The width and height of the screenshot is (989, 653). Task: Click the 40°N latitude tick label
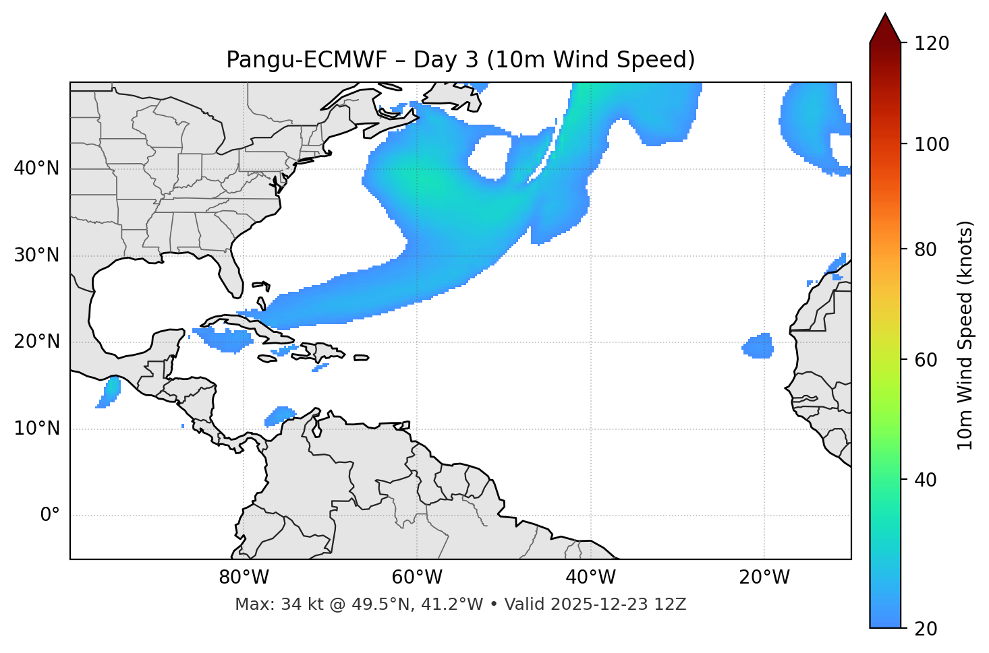coord(36,168)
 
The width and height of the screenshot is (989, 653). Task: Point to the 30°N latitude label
coord(36,255)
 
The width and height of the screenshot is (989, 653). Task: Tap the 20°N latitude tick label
coord(36,342)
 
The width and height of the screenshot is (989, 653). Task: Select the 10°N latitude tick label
coord(36,429)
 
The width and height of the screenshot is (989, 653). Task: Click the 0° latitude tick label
coord(50,516)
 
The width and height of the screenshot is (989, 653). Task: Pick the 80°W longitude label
coord(244,578)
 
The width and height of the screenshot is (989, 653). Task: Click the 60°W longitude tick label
coord(417,578)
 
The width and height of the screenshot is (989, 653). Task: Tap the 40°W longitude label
coord(590,578)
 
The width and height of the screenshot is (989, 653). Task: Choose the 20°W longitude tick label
coord(764,578)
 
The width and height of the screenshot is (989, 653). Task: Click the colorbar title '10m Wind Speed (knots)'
coord(965,336)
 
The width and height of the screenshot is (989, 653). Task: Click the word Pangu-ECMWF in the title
coord(306,60)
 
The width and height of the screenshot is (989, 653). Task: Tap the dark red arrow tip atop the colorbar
coord(885,27)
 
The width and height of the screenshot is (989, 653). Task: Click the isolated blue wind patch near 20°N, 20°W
coord(758,346)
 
